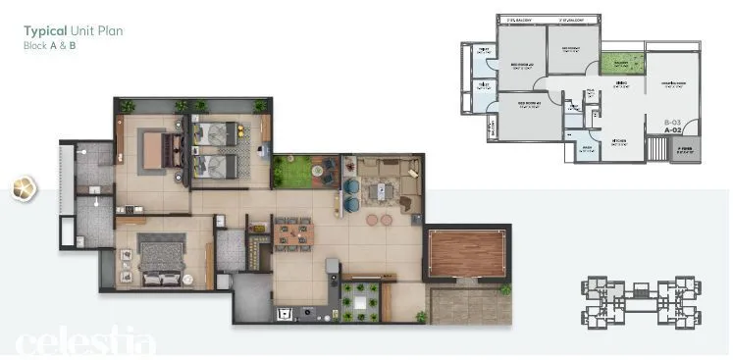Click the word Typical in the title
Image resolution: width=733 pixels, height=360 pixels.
click(x=44, y=31)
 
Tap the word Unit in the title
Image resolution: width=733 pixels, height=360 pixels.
click(x=81, y=31)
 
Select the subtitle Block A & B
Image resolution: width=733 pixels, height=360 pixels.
click(x=49, y=46)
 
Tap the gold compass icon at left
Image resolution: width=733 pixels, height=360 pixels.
click(x=24, y=188)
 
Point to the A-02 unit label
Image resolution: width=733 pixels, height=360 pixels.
click(x=673, y=129)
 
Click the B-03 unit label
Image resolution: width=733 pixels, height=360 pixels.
click(x=673, y=119)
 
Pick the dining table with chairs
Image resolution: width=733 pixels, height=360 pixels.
click(x=292, y=233)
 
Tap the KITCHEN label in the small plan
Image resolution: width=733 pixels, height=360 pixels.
click(x=619, y=140)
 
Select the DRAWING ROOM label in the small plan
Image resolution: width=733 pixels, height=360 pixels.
click(x=672, y=83)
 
